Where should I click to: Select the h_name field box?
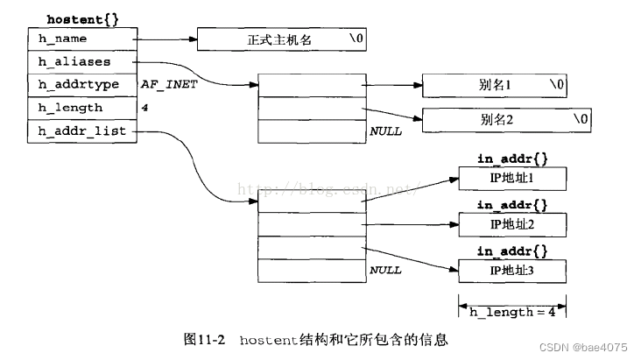pos(83,39)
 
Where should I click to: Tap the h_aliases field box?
pos(83,62)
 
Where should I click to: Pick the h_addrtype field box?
pos(83,85)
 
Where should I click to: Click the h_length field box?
pos(83,108)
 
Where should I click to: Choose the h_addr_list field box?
pos(83,131)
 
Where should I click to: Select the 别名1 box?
pos(496,86)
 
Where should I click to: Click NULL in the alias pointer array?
pos(385,131)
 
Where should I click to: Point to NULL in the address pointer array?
pos(385,270)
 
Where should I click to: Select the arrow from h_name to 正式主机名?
pos(166,39)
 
